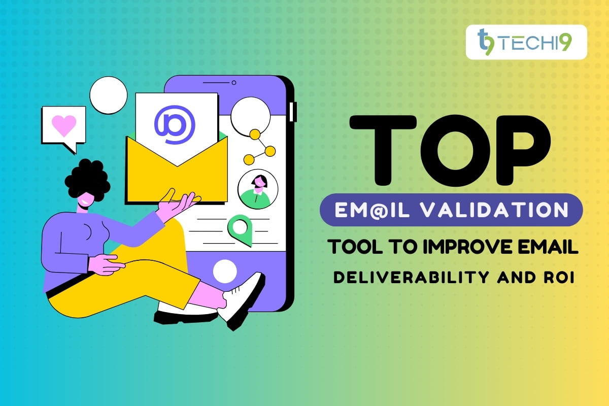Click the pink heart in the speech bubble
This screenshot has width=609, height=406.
pyautogui.click(x=64, y=125)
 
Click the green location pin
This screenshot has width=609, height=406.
pyautogui.click(x=240, y=228)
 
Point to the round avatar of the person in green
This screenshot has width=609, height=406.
pyautogui.click(x=258, y=189)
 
